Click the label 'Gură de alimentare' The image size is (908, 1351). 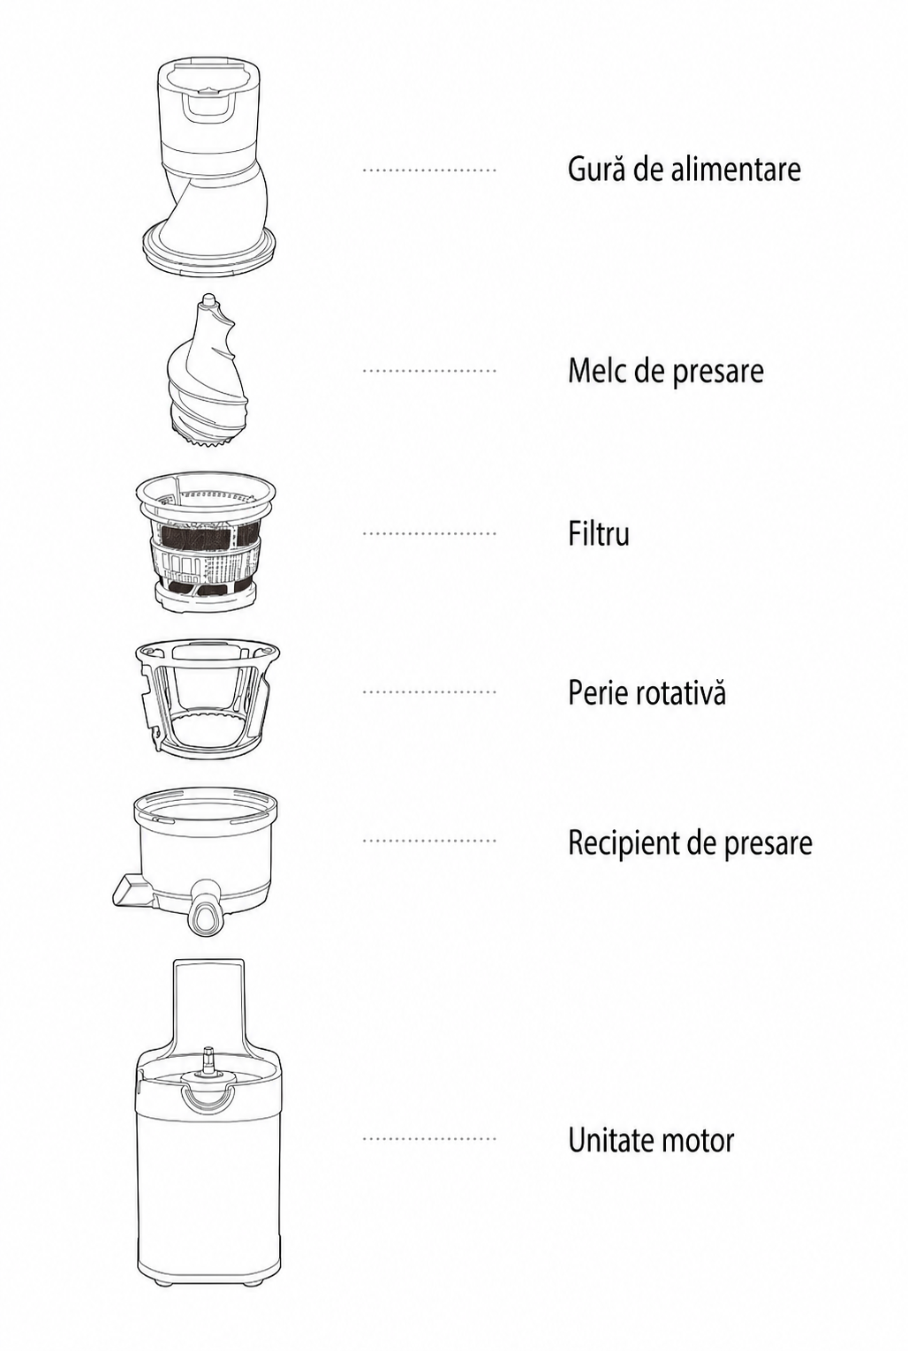tap(685, 169)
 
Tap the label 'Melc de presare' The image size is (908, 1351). tap(665, 370)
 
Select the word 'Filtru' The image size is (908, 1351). tap(599, 533)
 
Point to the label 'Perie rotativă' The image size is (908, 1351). tap(647, 692)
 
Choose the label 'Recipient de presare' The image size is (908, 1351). tap(690, 842)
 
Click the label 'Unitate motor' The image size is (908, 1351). tap(651, 1140)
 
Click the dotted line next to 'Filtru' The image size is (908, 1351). tap(429, 533)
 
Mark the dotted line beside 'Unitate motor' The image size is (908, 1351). tap(429, 1139)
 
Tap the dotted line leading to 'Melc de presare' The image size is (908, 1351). tap(429, 370)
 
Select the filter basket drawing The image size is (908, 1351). tap(206, 542)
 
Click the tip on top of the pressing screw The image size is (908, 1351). tap(208, 299)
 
